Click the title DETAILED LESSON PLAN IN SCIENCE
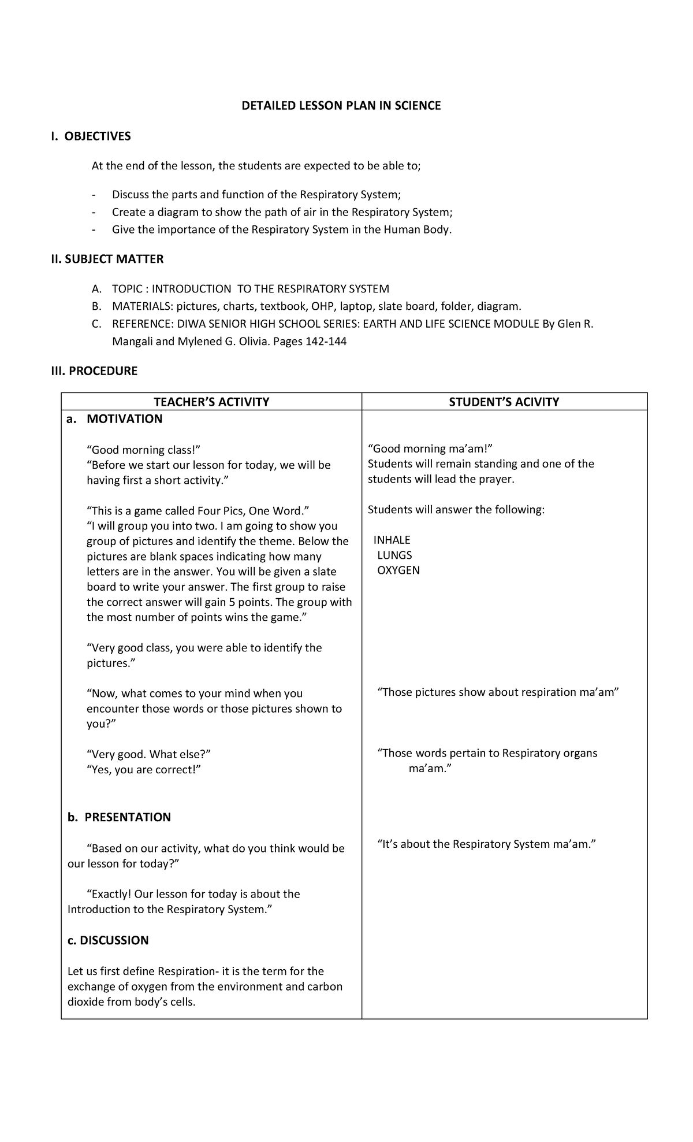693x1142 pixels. pyautogui.click(x=341, y=106)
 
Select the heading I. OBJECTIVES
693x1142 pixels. pyautogui.click(x=91, y=136)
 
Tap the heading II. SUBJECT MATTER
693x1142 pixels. pyautogui.click(x=107, y=259)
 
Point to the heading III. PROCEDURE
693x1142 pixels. pyautogui.click(x=95, y=371)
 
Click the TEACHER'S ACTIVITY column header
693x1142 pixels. pyautogui.click(x=211, y=402)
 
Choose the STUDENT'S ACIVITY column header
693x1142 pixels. pyautogui.click(x=504, y=402)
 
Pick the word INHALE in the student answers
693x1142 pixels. pyautogui.click(x=392, y=540)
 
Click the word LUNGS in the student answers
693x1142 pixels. pyautogui.click(x=394, y=555)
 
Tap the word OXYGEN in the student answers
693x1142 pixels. pyautogui.click(x=398, y=570)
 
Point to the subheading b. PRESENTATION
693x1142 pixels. pyautogui.click(x=120, y=817)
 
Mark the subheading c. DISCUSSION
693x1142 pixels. pyautogui.click(x=108, y=940)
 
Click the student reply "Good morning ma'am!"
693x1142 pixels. pyautogui.click(x=430, y=449)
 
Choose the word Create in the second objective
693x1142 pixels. pyautogui.click(x=128, y=212)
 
